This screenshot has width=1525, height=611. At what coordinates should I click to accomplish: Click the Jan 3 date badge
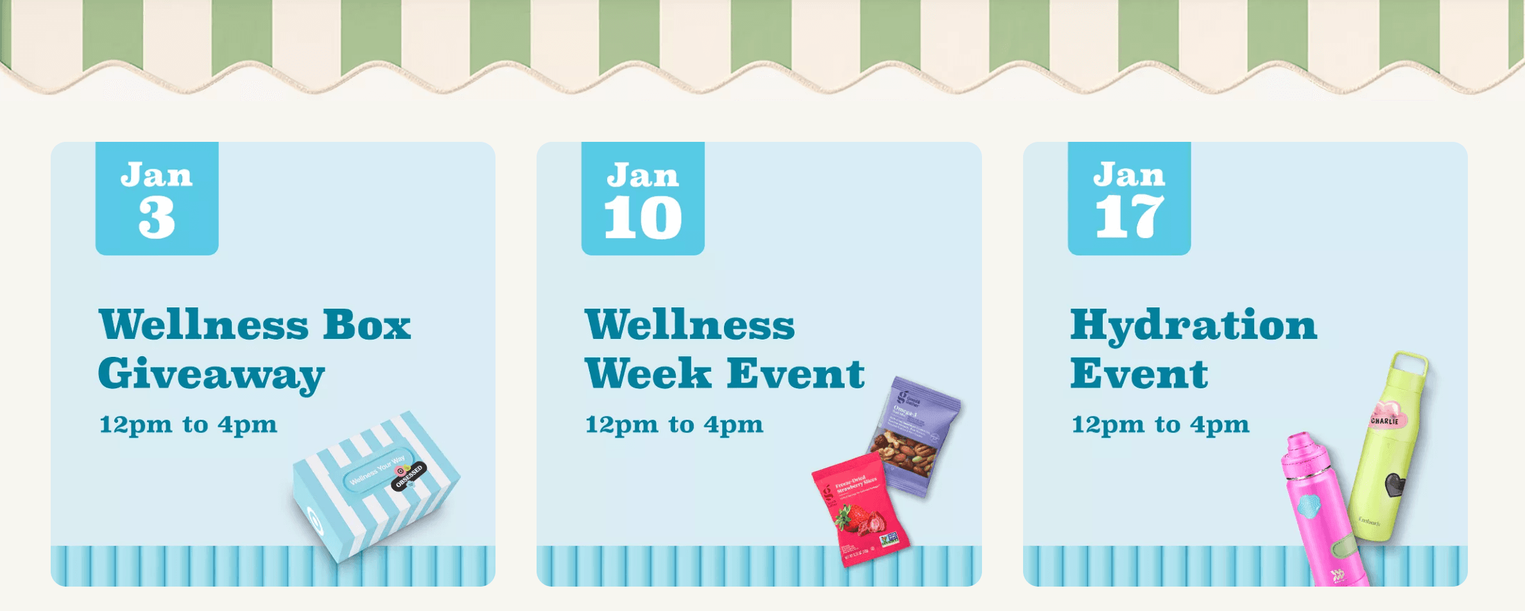tap(157, 198)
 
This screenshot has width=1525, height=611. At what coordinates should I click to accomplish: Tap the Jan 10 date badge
tap(642, 198)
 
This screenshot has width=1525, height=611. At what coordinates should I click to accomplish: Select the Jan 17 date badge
tap(1129, 198)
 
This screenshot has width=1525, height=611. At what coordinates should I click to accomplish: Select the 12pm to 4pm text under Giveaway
tap(188, 425)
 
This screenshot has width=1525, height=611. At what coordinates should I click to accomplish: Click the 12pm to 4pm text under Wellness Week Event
tap(674, 425)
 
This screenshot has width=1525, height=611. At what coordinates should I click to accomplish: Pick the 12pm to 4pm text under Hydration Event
tap(1160, 425)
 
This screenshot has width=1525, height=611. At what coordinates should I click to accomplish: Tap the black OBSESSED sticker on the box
tap(409, 476)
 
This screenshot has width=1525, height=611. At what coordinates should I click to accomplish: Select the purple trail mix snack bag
tap(915, 436)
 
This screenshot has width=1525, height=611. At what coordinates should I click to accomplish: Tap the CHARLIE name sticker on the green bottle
tap(1384, 420)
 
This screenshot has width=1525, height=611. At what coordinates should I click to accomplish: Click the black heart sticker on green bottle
tap(1394, 485)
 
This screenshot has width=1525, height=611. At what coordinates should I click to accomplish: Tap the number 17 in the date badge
tap(1129, 218)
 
